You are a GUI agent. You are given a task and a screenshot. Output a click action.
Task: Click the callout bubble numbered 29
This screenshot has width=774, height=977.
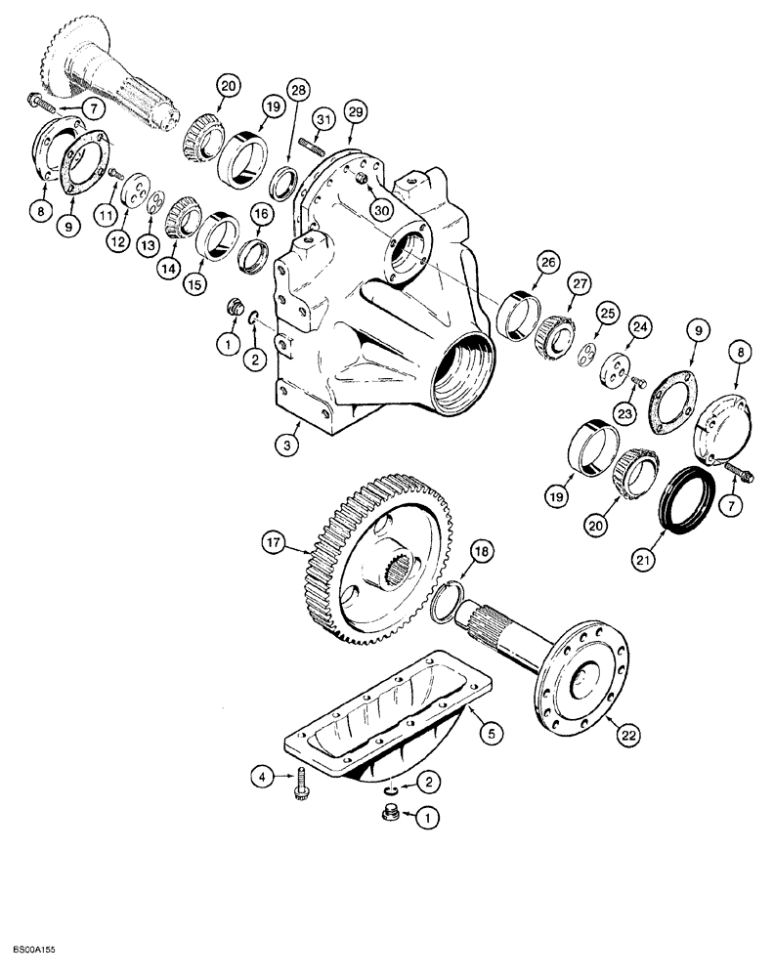click(356, 114)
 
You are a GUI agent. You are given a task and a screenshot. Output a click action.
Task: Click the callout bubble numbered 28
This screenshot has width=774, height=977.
click(298, 90)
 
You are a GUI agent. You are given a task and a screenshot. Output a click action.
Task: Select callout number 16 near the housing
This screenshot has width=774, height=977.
click(262, 214)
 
